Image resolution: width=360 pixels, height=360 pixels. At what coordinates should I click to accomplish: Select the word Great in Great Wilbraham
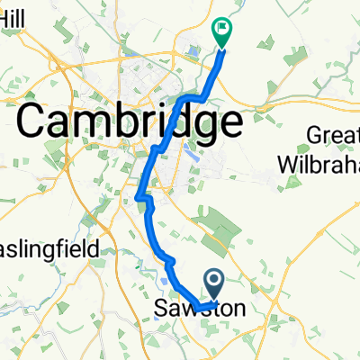click(332, 134)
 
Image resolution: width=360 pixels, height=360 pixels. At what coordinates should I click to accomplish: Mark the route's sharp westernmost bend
click(137, 197)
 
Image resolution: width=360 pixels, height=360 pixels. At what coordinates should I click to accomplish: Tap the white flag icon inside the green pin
click(221, 29)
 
